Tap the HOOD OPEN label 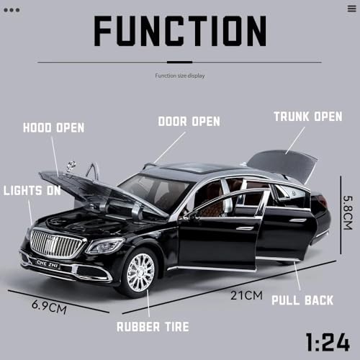point(53,128)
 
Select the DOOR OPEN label point(189,121)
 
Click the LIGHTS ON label point(32,191)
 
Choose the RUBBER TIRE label point(153,327)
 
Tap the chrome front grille point(57,243)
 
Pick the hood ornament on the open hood point(71,167)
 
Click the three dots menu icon point(12,10)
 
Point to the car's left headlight point(104,246)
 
